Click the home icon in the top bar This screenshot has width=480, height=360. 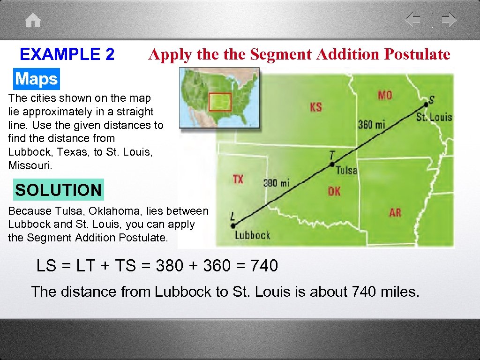(33, 21)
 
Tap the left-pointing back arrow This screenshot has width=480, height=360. (412, 20)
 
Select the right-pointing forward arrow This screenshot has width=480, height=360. (449, 20)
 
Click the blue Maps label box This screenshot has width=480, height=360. (36, 79)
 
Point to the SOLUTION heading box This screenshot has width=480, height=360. (58, 190)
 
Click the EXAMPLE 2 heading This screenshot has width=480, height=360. (67, 54)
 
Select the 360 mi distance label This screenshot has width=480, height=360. (371, 124)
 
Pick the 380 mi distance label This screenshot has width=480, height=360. (277, 182)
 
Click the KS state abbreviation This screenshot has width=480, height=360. (316, 107)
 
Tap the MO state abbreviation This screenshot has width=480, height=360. (385, 95)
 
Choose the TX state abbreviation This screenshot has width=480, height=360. (238, 179)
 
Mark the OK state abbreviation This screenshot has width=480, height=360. (334, 191)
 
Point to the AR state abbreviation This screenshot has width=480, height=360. (395, 212)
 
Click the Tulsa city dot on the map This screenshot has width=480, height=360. (332, 164)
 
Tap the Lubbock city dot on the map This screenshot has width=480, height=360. (233, 225)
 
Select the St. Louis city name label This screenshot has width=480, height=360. (434, 116)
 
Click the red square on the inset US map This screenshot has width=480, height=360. (220, 102)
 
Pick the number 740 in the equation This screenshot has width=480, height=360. (264, 266)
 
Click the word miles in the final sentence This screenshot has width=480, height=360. (398, 292)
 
